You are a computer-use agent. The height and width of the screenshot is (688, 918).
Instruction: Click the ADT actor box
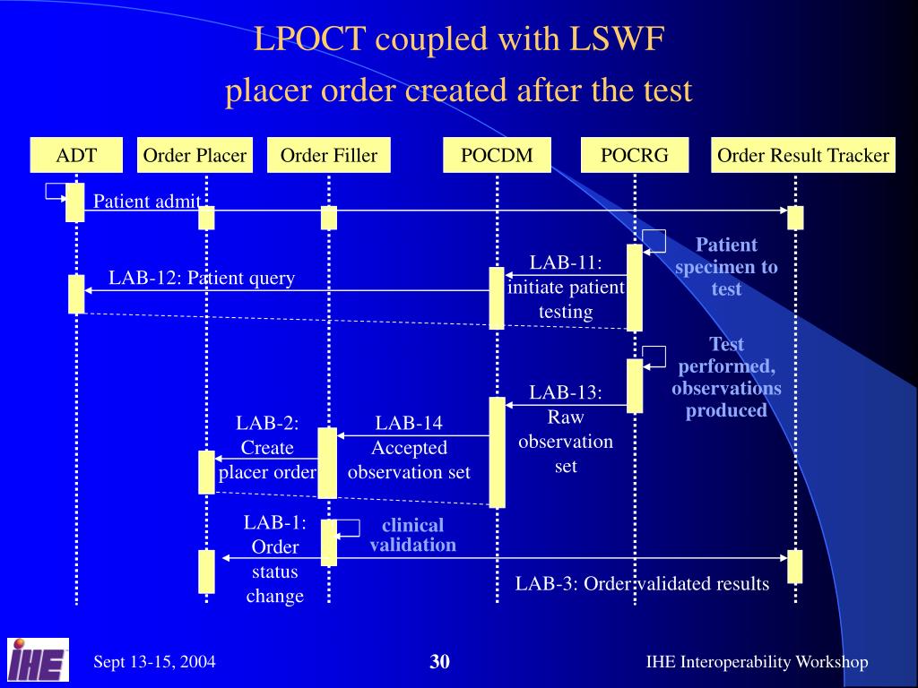coord(76,155)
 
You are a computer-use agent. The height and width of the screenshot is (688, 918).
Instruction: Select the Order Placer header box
coord(195,155)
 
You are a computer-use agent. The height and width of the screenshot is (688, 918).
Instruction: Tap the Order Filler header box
coord(329,155)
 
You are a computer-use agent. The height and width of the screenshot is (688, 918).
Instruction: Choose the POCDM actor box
coord(497,155)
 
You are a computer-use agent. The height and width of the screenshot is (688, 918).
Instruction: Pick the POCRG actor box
coord(635,155)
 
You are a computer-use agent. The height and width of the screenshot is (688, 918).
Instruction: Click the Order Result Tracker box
coord(802,155)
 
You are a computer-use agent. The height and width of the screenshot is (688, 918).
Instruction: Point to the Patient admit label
coord(147,202)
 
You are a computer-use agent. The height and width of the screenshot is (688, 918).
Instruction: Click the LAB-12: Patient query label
coord(202,278)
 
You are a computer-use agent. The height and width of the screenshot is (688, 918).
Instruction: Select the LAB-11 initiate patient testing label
coord(566,287)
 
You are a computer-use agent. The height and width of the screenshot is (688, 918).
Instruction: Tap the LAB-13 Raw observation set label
coord(566,429)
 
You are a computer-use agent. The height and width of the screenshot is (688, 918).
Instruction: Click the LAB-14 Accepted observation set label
coord(409,447)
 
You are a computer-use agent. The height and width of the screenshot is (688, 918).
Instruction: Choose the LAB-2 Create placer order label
coord(267,447)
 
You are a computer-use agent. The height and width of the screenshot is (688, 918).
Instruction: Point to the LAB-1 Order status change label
coord(274,559)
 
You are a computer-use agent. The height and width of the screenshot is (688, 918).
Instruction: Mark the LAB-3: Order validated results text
coord(642,584)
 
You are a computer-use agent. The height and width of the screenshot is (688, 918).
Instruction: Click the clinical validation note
coord(412,535)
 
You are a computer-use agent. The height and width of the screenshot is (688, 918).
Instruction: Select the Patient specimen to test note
coord(726,266)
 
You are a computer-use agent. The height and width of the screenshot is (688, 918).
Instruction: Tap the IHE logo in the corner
coord(38,660)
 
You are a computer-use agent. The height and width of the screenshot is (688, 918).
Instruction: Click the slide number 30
coord(439,662)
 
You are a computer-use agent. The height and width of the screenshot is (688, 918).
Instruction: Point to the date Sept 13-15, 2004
coord(154,662)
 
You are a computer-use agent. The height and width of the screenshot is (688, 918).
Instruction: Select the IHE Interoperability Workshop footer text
coord(757,662)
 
